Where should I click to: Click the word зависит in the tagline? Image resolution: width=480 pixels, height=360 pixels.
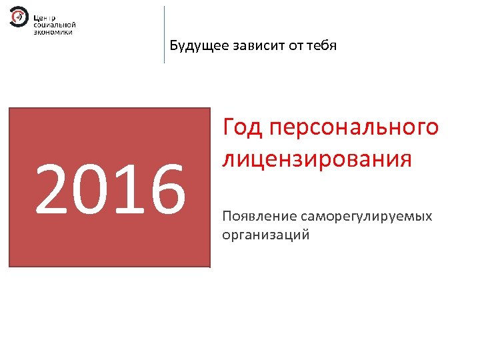point(254,46)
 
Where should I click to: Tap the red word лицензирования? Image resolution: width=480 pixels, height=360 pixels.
point(317,161)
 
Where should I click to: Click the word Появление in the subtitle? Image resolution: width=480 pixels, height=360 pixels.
point(260,217)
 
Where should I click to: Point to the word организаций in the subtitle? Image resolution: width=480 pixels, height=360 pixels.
point(265,235)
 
